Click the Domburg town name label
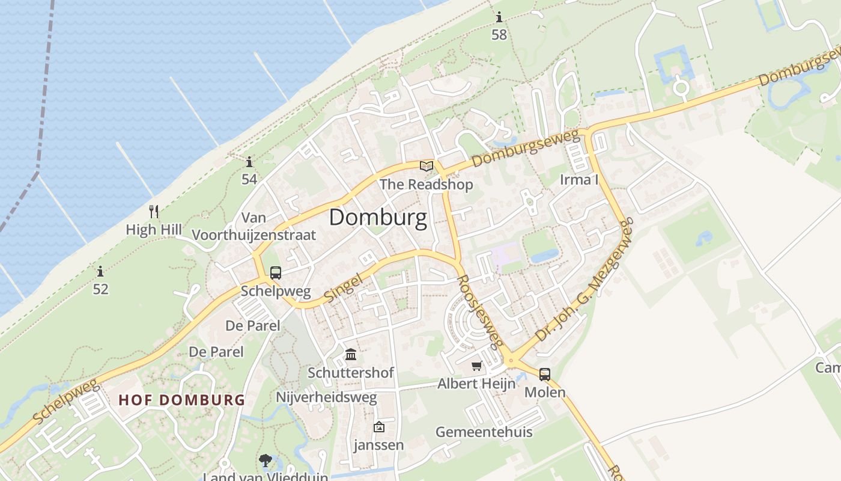(x=378, y=218)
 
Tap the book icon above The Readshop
(x=427, y=166)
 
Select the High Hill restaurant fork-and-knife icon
(x=154, y=211)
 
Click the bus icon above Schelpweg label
(x=276, y=273)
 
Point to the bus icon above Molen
(x=544, y=374)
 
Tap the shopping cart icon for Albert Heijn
(x=477, y=366)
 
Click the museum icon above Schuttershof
(x=351, y=355)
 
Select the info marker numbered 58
(x=499, y=17)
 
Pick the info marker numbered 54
(x=249, y=161)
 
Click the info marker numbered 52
(x=100, y=271)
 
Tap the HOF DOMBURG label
(x=181, y=400)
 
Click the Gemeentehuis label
(x=484, y=432)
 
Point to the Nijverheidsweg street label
(x=326, y=397)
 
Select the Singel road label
(x=344, y=287)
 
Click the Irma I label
(x=579, y=179)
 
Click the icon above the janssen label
(x=379, y=427)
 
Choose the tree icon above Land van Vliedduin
(x=265, y=461)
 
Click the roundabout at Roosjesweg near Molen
(x=512, y=361)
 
